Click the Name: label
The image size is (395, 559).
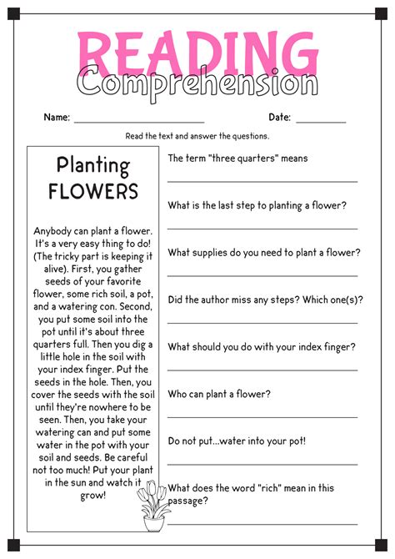tap(57, 117)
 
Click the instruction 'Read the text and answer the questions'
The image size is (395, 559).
tap(197, 136)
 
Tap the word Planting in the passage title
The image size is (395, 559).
tap(92, 165)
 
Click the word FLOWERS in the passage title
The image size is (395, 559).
tap(92, 191)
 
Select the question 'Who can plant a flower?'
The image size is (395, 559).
tap(219, 393)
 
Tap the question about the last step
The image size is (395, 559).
tap(257, 205)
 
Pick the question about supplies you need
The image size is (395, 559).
tap(264, 252)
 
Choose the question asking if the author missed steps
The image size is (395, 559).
tap(266, 300)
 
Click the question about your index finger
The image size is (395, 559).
tap(262, 346)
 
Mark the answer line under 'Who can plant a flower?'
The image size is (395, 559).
tap(262, 415)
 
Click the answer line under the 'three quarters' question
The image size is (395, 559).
tap(262, 180)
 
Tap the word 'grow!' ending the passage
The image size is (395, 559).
tap(93, 496)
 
